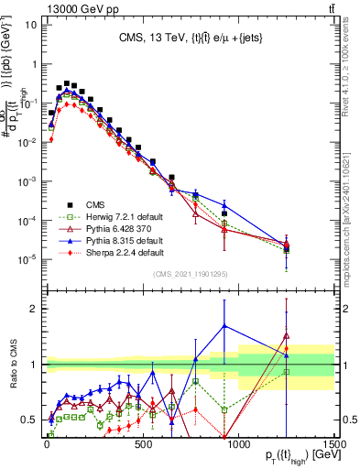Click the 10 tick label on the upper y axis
[28, 25]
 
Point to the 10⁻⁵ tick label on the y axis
[26, 257]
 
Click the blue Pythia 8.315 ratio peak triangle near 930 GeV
[224, 326]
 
